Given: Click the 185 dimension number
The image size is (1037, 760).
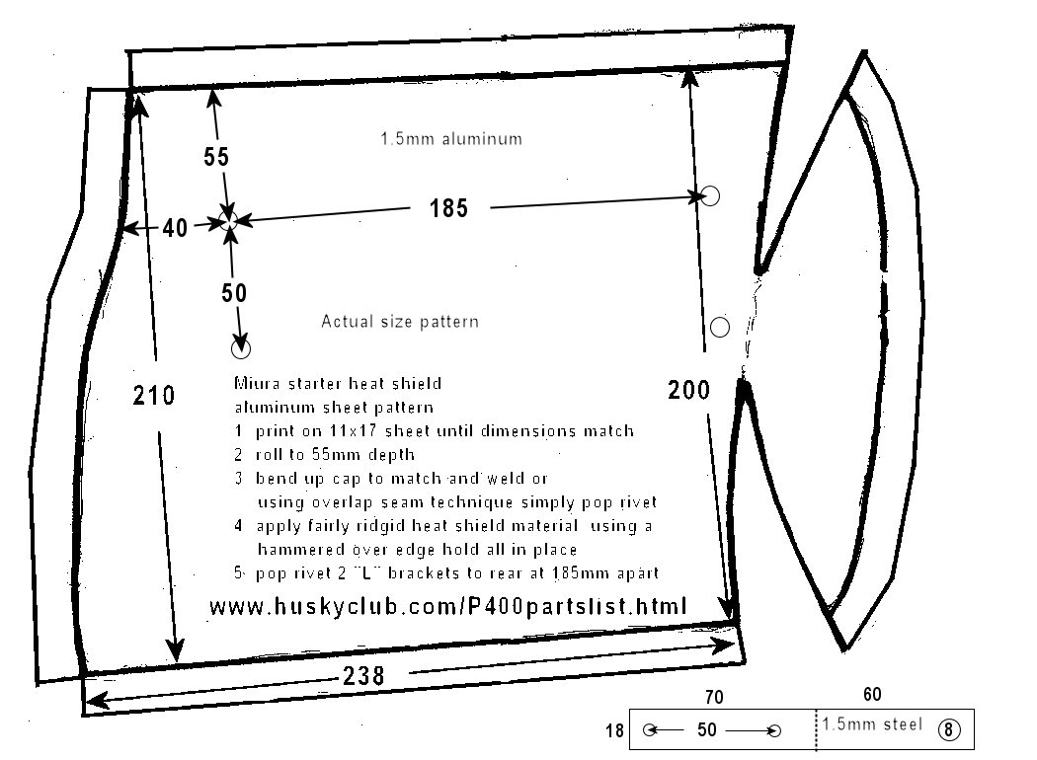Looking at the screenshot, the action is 448,208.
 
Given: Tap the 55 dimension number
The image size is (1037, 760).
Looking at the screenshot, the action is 216,157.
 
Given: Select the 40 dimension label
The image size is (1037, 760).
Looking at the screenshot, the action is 175,228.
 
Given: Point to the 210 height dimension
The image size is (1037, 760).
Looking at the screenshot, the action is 153,395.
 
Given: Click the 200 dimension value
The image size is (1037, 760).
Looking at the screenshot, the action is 688,390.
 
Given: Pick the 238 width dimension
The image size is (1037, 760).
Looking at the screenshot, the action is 363,676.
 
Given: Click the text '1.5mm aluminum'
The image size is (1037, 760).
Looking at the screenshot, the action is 451,139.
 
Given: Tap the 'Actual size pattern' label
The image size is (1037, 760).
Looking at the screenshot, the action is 399,321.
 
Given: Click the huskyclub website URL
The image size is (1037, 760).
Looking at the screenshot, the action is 448,606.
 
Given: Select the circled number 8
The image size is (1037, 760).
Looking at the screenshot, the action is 949,729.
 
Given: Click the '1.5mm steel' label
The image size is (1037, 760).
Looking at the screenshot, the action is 872,724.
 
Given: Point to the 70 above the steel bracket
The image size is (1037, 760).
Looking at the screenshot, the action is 714,697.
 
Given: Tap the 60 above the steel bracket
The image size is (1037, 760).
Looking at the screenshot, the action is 872,694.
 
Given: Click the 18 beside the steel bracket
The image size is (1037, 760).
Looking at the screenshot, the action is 614,730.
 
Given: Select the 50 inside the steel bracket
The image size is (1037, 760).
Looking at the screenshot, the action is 707,729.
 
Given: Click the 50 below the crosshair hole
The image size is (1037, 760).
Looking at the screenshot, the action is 234,293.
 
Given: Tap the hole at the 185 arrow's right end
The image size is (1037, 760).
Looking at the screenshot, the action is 710,195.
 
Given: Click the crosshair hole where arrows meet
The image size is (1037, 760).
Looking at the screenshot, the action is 228,221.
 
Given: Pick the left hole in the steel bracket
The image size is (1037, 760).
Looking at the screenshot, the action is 650,730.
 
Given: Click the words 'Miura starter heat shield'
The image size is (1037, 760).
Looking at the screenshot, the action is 338,383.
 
